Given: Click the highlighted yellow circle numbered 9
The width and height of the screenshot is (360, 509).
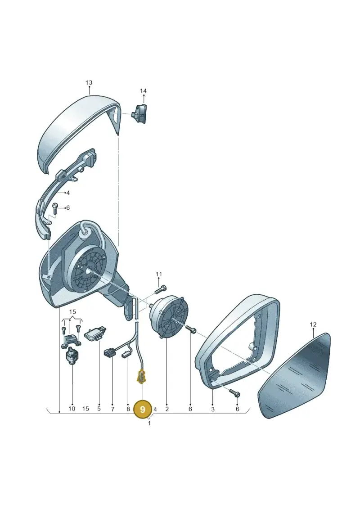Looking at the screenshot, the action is tap(143, 409).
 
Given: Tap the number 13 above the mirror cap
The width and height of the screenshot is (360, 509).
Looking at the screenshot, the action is tap(89, 83).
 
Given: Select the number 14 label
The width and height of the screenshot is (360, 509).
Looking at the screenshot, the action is tap(143, 91).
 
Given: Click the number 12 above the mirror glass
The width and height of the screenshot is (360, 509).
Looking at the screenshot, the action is tap(313, 324).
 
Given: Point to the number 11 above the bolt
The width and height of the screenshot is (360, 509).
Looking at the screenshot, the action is tap(158, 274).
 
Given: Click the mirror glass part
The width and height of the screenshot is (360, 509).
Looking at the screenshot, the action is tap(294, 375).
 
